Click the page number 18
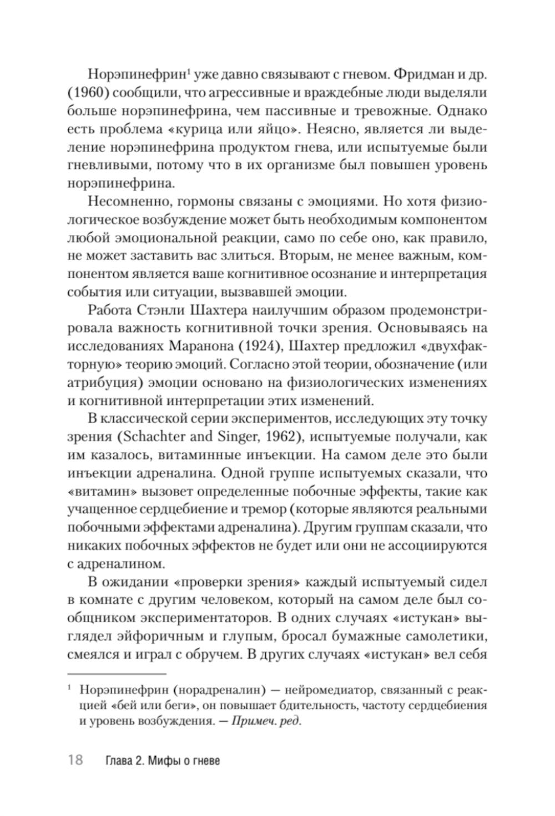pos(75,760)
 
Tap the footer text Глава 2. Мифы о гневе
pos(162,760)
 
